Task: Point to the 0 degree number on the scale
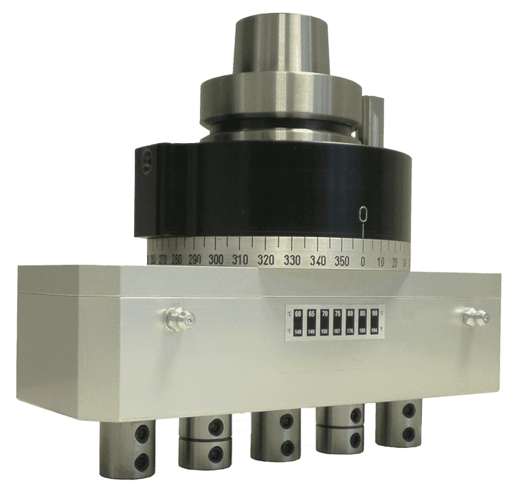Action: click(363, 262)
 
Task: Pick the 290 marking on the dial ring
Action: click(195, 260)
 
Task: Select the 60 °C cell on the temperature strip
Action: click(298, 322)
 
